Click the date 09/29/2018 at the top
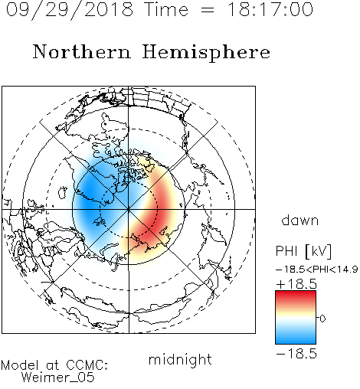(x=70, y=10)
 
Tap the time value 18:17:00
(x=270, y=9)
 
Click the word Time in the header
(x=166, y=9)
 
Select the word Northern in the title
(x=82, y=51)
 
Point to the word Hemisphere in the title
(x=206, y=53)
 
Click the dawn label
(x=300, y=220)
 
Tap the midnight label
(x=180, y=360)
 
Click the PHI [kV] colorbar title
(x=303, y=251)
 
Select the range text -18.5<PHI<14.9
(x=317, y=270)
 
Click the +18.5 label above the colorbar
(x=296, y=284)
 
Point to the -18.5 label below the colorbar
(x=296, y=354)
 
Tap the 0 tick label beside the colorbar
(x=322, y=319)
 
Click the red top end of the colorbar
(x=296, y=294)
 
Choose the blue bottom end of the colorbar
(x=296, y=341)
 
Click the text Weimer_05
(x=57, y=378)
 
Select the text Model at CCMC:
(x=54, y=365)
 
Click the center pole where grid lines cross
(x=129, y=209)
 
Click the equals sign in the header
(x=208, y=10)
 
